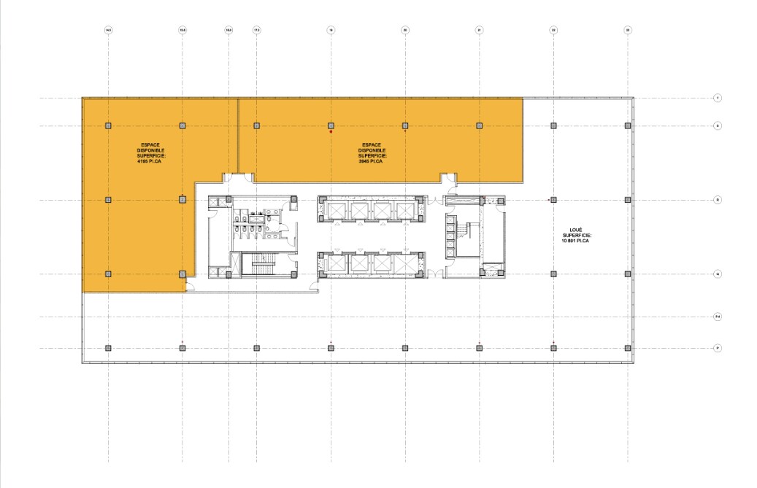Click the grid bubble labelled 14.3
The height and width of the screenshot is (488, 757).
point(108,30)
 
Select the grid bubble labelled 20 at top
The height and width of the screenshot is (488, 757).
point(405,30)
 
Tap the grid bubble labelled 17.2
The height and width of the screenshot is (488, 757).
point(256,30)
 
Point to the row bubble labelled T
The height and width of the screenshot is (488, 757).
point(718,98)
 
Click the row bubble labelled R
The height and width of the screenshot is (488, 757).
point(718,199)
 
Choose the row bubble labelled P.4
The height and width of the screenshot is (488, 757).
point(718,317)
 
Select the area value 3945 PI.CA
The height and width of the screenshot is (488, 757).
point(372,160)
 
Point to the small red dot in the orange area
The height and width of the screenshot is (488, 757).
point(331,132)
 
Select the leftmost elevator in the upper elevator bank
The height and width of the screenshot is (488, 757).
point(338,211)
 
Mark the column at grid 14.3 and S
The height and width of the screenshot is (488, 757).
point(108,125)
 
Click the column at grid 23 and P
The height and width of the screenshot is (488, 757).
point(628,348)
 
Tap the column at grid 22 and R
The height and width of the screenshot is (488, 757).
point(553,199)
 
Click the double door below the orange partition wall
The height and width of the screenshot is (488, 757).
point(239,177)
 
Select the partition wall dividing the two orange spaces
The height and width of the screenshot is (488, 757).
point(239,135)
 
